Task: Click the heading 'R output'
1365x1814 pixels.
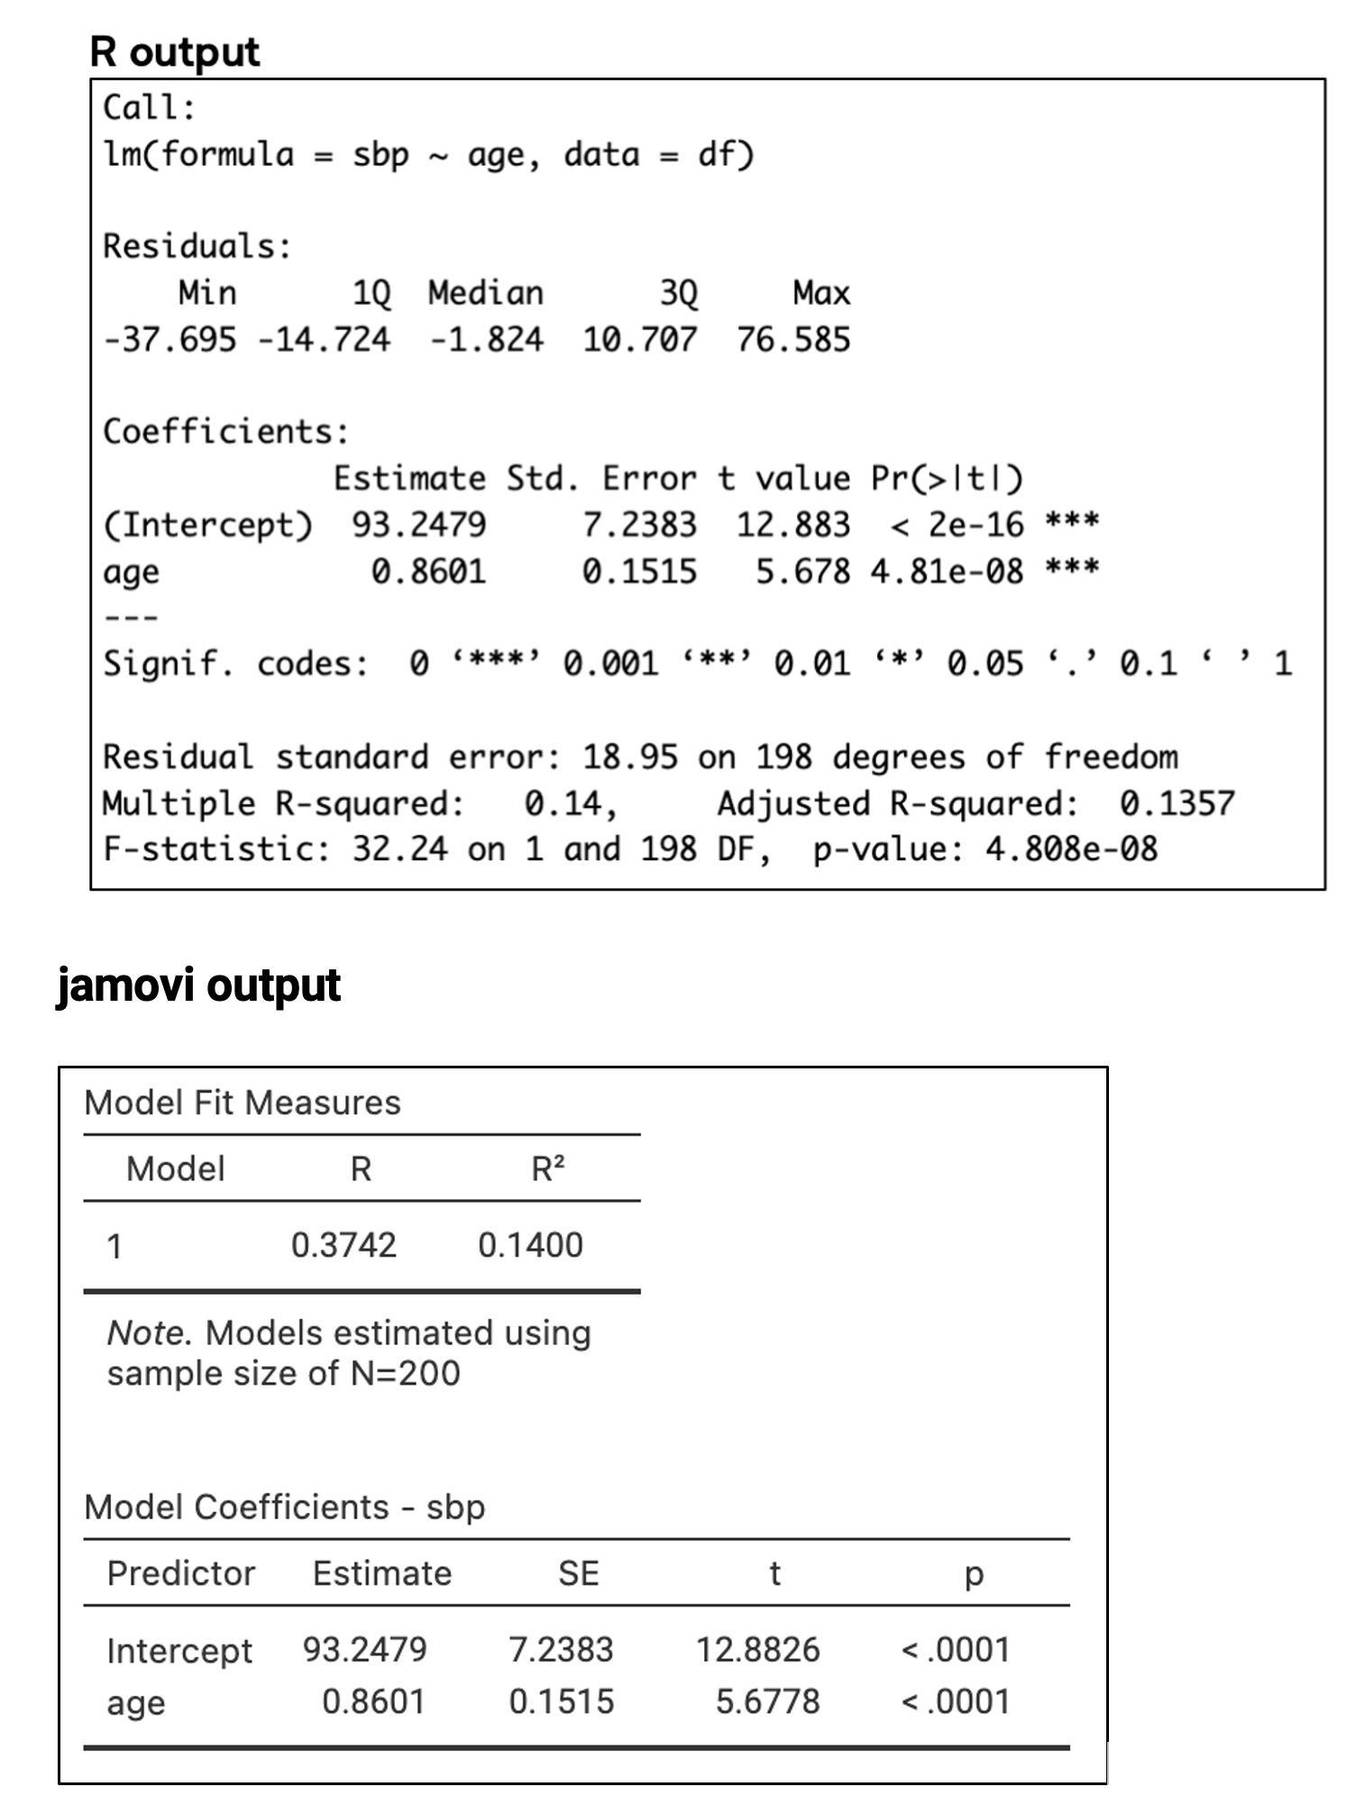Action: tap(175, 51)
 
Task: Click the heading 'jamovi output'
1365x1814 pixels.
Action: tap(198, 984)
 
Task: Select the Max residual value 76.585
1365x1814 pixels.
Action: tap(792, 340)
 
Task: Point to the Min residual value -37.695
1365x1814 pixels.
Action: tap(169, 340)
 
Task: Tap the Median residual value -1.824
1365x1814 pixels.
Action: tap(486, 340)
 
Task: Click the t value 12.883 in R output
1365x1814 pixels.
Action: tap(792, 524)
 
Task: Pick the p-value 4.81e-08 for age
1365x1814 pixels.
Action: tap(947, 571)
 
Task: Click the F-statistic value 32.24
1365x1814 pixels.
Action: tap(399, 848)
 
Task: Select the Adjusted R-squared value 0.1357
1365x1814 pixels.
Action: tap(1177, 802)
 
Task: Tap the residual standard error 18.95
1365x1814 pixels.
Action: tap(629, 756)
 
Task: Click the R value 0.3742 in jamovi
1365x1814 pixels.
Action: tap(344, 1245)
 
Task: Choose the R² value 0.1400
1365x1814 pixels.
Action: tap(530, 1245)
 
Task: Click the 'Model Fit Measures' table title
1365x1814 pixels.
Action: tap(242, 1102)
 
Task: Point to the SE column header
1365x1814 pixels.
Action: tap(578, 1573)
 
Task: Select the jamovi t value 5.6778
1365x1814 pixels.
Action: tap(767, 1701)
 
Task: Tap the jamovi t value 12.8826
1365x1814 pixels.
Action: tap(757, 1649)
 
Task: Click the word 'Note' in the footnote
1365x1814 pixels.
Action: tap(145, 1333)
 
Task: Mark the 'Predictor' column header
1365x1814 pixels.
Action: tap(181, 1573)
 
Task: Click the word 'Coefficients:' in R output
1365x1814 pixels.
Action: tap(225, 431)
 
